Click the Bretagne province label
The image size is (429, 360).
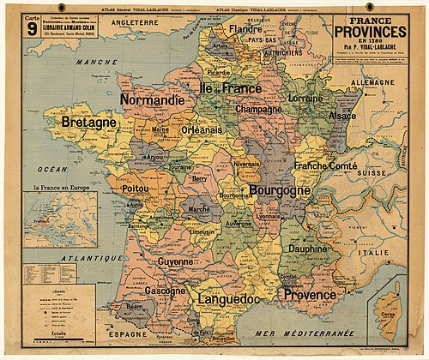click(x=88, y=123)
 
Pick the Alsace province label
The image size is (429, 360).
click(x=342, y=115)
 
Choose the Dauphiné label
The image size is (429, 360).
click(x=306, y=249)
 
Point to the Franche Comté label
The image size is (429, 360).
click(x=323, y=165)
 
